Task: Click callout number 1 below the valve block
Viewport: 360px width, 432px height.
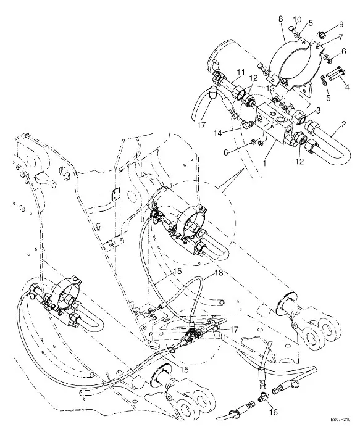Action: coord(265,164)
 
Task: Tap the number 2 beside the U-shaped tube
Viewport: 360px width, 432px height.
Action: coord(343,124)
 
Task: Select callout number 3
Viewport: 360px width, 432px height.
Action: coord(319,110)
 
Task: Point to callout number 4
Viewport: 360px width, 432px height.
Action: coord(347,88)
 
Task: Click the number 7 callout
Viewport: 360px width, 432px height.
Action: coord(340,36)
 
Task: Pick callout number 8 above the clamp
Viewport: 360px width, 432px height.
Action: coord(280,19)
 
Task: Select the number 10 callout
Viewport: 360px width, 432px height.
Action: coord(298,19)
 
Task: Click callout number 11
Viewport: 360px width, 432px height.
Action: coord(241,73)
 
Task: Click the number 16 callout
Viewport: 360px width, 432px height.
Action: coord(274,412)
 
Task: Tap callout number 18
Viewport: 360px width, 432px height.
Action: coord(219,273)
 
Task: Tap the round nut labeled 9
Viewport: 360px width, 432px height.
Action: coord(322,35)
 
